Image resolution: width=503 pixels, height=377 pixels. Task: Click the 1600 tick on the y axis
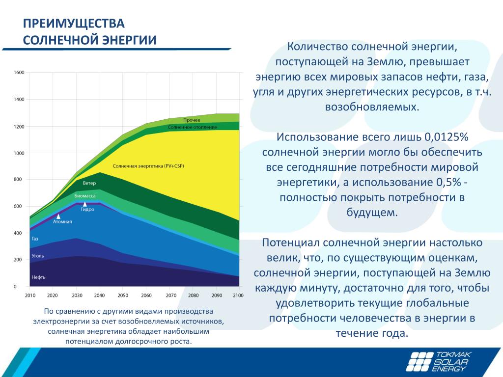[x=19, y=73]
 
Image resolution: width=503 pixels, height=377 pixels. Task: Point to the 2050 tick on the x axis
[x=123, y=295]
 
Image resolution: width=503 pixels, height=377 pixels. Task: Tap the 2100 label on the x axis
[x=238, y=295]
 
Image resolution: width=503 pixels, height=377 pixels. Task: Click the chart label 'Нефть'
[x=39, y=277]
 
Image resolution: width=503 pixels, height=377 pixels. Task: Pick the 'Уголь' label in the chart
[x=38, y=256]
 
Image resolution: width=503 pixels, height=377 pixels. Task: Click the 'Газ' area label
[x=35, y=239]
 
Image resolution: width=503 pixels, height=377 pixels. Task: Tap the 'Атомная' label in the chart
[x=62, y=221]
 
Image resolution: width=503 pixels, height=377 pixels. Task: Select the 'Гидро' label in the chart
[x=87, y=209]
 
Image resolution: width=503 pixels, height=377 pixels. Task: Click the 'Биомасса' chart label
[x=85, y=196]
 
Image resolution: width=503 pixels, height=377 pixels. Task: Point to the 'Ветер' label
[x=89, y=183]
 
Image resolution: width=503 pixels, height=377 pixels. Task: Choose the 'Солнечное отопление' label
[x=192, y=127]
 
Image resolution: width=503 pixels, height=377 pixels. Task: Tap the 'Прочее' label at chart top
[x=192, y=120]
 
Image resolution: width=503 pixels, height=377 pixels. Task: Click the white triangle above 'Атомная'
[x=58, y=215]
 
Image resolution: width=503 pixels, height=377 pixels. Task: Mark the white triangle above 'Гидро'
[x=85, y=203]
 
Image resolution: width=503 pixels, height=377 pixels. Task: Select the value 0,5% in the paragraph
[x=448, y=183]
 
